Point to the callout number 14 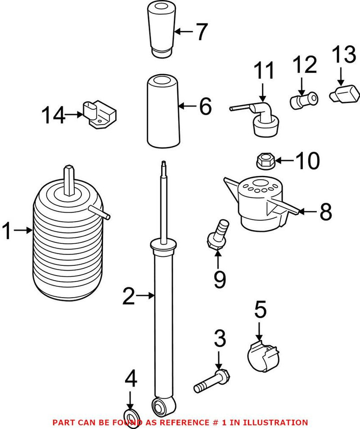click(54, 115)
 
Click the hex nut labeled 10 click(263, 159)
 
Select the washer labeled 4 click(131, 414)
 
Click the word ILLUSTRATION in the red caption click(276, 422)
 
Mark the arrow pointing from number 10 click(283, 160)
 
